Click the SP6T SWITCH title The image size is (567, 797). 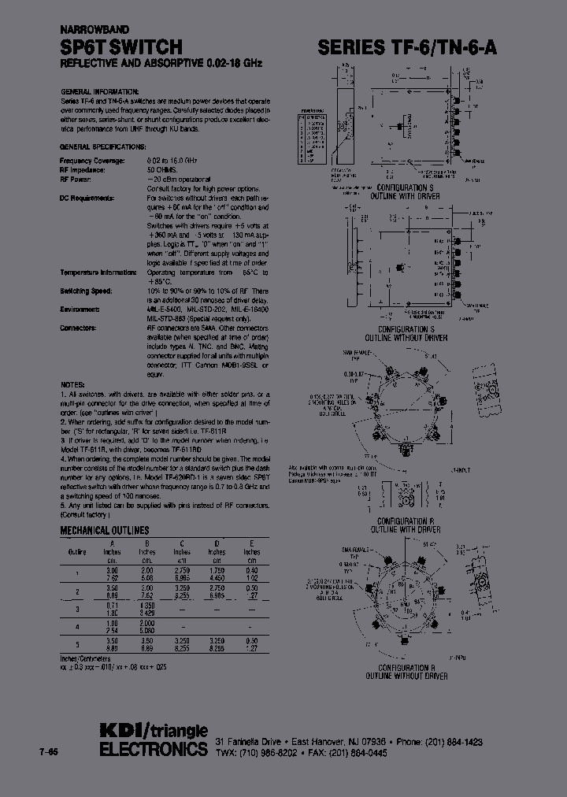point(122,47)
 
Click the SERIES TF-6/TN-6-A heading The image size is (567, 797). point(407,47)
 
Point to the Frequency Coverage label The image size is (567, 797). point(93,161)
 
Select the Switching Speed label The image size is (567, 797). point(89,291)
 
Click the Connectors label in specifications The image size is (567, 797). point(79,327)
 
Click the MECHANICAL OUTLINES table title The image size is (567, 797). point(105,531)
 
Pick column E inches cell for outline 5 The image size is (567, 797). point(252,639)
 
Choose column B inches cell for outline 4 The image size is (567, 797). point(146,622)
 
